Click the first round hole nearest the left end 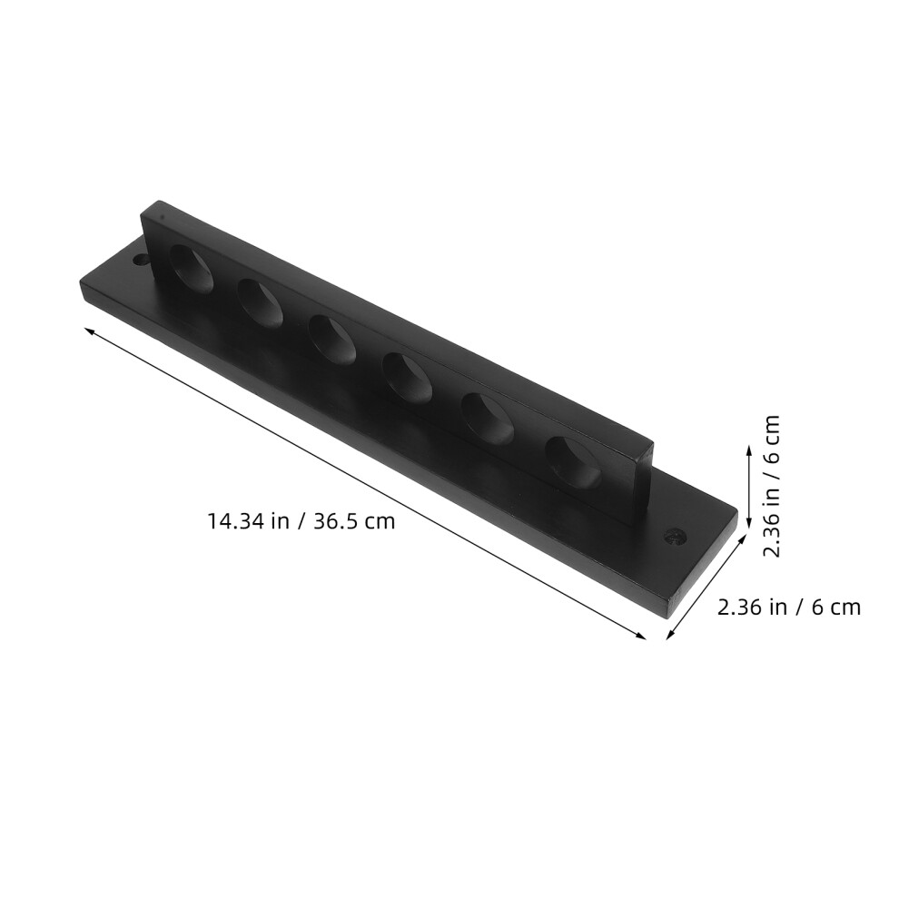point(192,268)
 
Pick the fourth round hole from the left point(408,380)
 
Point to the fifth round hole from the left point(488,420)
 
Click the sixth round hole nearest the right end point(573,462)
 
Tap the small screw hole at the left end point(139,260)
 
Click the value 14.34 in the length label point(235,521)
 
